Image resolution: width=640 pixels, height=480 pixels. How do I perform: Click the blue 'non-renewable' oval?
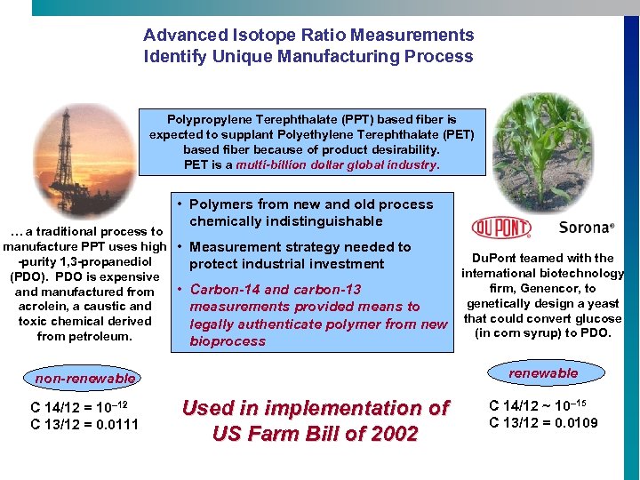coord(85,379)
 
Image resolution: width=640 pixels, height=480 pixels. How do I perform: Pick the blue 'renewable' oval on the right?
coord(543,373)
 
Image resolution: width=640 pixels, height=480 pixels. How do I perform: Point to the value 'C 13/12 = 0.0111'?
coord(84,424)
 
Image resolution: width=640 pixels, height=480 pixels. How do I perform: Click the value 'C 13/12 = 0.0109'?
coord(543,422)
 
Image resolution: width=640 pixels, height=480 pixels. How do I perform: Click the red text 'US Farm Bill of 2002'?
coord(315,434)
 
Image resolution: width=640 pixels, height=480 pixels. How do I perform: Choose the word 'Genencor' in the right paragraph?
coord(547,288)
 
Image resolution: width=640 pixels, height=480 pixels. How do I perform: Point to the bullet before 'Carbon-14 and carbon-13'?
coord(180,290)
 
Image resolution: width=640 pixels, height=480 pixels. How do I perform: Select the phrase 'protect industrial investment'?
coord(286,264)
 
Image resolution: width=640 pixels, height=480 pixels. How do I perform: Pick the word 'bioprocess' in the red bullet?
coord(228,341)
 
